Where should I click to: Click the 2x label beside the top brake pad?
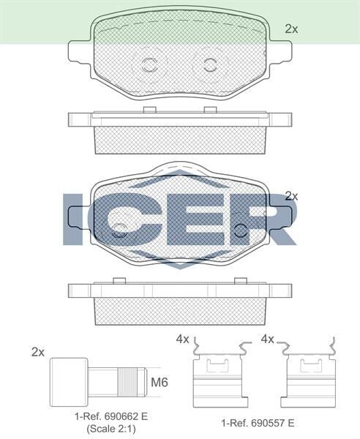291,29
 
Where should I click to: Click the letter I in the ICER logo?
73,219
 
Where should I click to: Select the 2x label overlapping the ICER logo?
291,196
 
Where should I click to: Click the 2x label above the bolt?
38,352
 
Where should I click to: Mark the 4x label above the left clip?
182,339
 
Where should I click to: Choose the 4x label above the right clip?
268,339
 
